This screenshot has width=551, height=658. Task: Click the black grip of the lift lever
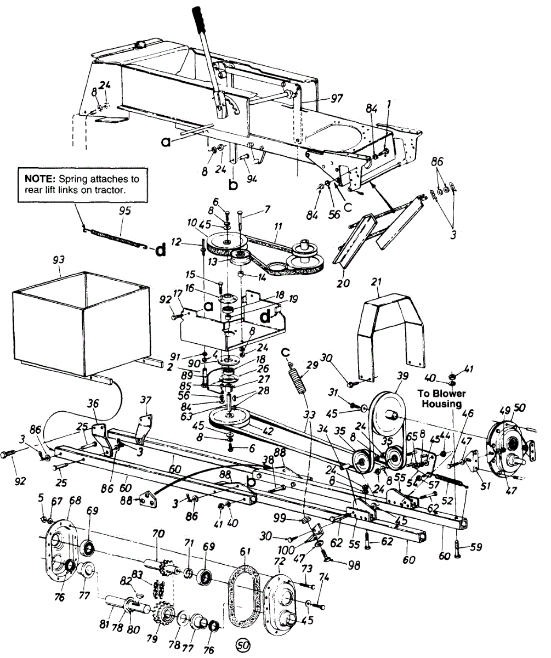tap(201, 20)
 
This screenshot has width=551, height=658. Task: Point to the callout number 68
tap(75, 501)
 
